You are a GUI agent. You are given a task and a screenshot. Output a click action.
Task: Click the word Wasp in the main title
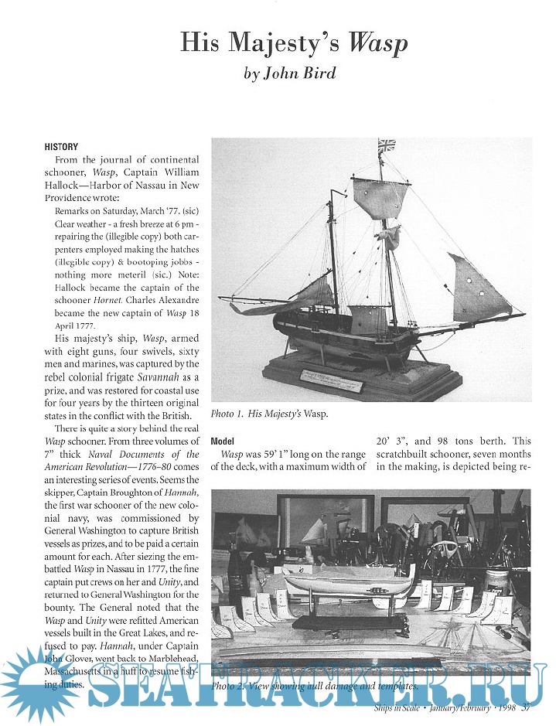[x=377, y=43]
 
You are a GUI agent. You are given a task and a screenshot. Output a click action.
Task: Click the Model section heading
[x=223, y=441]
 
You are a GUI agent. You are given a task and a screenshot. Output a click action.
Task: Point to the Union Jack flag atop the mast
[x=387, y=145]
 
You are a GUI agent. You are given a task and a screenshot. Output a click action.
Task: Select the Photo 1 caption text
[x=269, y=414]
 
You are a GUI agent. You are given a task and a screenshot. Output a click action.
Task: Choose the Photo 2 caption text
[x=315, y=686]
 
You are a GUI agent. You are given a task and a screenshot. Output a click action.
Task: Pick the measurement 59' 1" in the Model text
[x=281, y=455]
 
